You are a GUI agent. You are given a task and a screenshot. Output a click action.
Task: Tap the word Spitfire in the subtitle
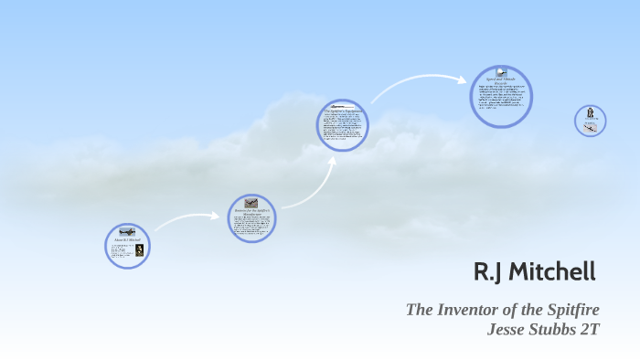[x=566, y=310]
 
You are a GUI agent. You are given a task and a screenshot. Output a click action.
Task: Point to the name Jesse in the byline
[x=512, y=330]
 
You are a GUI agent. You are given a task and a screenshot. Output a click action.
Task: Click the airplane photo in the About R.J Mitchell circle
[x=126, y=232]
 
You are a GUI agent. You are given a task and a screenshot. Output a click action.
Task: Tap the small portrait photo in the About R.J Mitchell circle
[x=139, y=249]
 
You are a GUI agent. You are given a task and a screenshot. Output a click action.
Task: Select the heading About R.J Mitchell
[x=126, y=240]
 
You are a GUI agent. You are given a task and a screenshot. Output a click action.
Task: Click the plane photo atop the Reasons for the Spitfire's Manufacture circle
[x=251, y=203]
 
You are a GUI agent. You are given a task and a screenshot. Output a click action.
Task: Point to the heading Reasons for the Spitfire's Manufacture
[x=251, y=212]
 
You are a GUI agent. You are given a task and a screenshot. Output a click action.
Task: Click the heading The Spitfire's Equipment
[x=343, y=111]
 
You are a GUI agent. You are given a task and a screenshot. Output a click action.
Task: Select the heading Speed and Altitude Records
[x=501, y=81]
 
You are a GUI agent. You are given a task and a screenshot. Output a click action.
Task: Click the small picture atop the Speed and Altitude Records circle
[x=501, y=71]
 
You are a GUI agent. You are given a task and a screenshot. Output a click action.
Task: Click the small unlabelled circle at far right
[x=591, y=121]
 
